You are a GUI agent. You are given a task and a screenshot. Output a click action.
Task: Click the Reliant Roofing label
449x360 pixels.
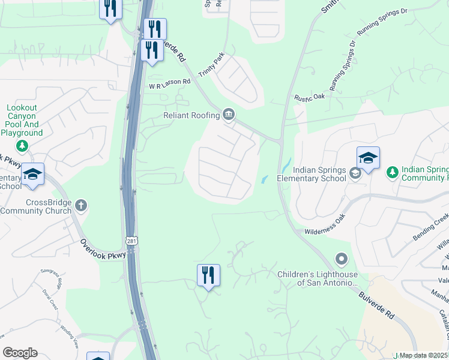tap(191, 115)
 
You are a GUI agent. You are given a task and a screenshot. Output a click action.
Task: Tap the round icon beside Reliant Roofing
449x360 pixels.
tap(229, 114)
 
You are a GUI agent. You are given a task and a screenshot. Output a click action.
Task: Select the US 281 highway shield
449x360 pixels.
tap(131, 241)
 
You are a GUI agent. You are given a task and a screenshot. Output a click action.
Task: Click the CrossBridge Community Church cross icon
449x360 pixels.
tap(82, 206)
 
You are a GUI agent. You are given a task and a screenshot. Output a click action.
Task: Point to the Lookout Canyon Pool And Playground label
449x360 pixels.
tap(22, 120)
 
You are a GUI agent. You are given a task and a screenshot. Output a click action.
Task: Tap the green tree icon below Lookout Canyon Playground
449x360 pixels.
tap(22, 146)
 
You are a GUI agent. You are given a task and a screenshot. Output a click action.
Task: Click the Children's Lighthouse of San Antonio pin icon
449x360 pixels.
tap(342, 259)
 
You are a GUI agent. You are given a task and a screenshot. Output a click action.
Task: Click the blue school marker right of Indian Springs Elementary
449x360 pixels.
tap(368, 158)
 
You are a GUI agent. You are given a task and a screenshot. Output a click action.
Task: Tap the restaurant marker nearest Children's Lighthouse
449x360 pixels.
tap(208, 275)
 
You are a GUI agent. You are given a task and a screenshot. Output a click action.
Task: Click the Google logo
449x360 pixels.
tap(20, 353)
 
